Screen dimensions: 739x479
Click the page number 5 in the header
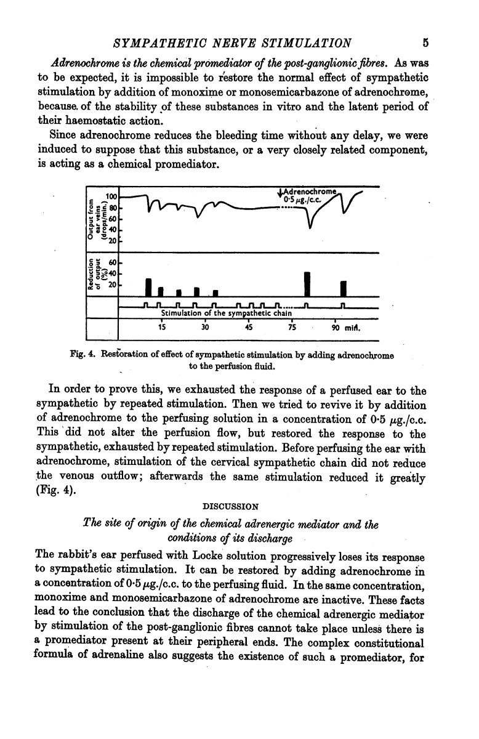pyautogui.click(x=425, y=42)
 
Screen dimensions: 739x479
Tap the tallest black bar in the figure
pyautogui.click(x=307, y=283)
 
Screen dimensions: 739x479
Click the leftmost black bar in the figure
pyautogui.click(x=148, y=287)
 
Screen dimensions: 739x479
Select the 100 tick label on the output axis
pyautogui.click(x=111, y=196)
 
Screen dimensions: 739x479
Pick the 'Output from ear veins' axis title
pyautogui.click(x=95, y=218)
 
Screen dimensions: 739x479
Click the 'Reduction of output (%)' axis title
pyautogui.click(x=95, y=275)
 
